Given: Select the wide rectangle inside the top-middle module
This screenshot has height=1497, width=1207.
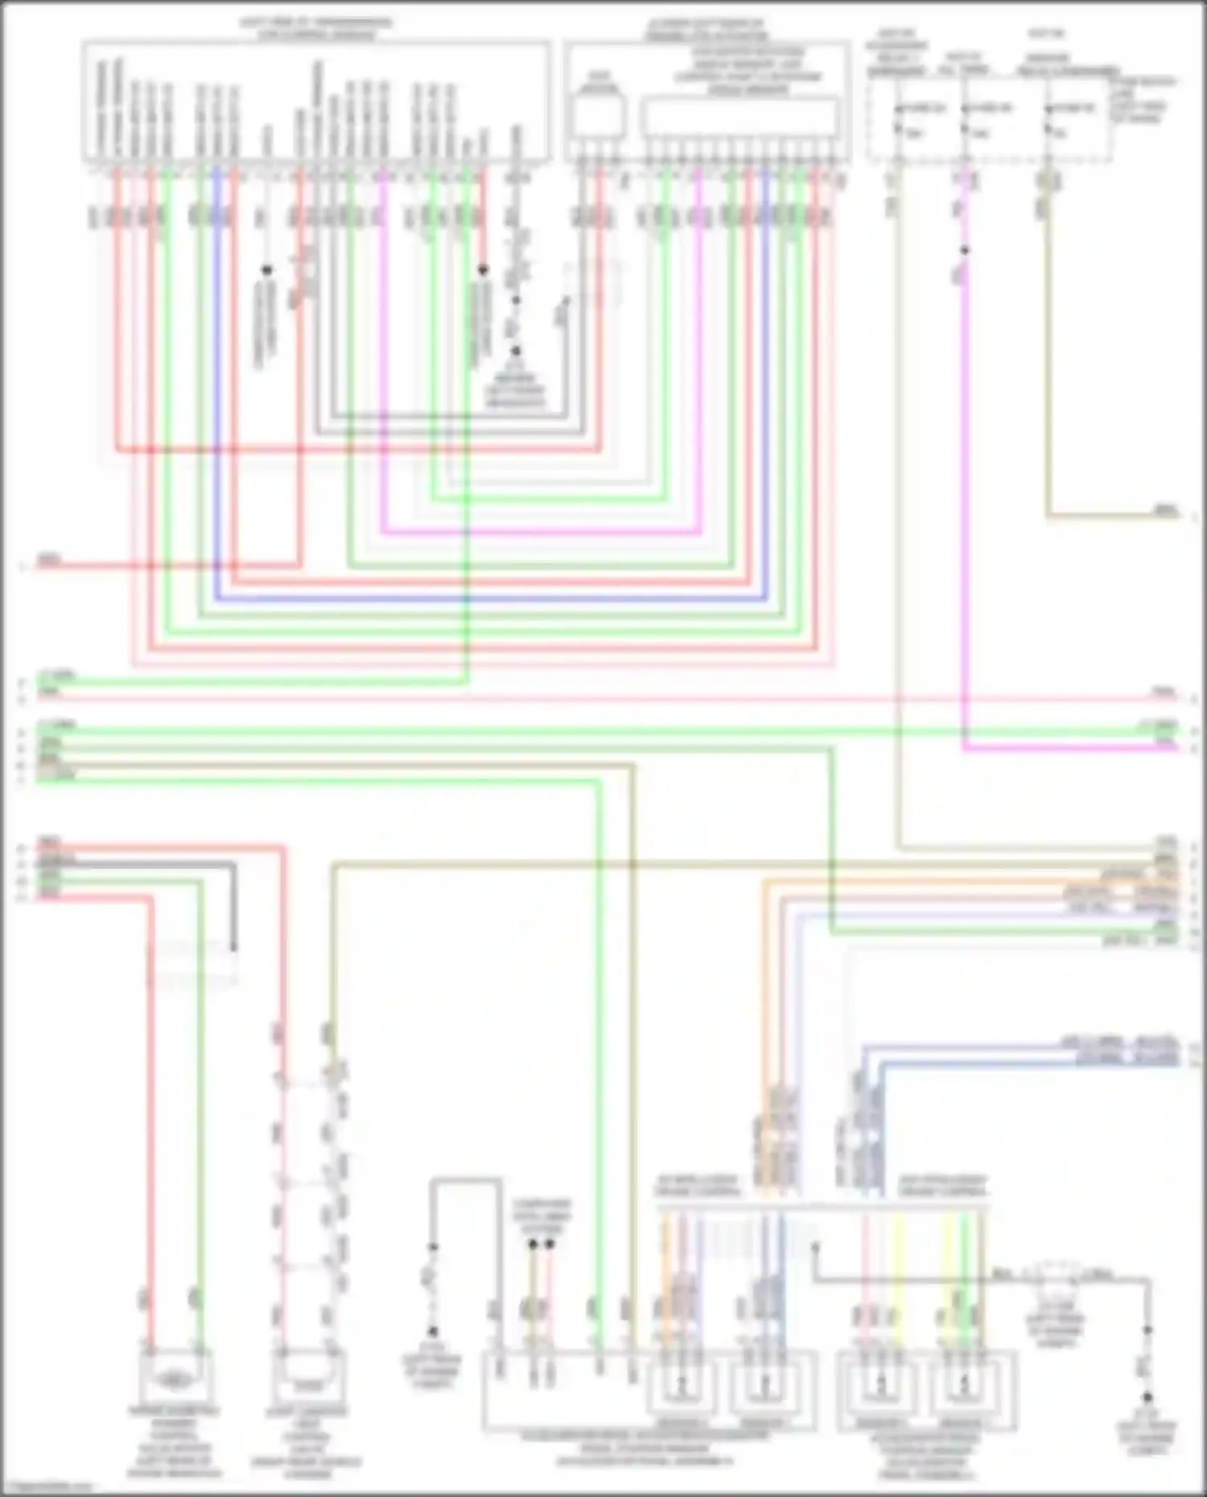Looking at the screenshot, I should [x=740, y=117].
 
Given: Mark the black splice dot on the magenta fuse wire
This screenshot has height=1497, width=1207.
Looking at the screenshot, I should [x=964, y=250].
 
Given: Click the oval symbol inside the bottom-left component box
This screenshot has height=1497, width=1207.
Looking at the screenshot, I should [x=174, y=1380].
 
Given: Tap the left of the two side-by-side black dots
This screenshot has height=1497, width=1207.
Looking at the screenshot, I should [x=532, y=1244].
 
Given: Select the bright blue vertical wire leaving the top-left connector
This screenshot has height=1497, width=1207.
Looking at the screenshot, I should [x=216, y=386].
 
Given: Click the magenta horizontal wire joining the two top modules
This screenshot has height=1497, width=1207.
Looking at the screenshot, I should [x=539, y=532].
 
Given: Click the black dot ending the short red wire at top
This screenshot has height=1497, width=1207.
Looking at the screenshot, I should [x=483, y=270].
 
